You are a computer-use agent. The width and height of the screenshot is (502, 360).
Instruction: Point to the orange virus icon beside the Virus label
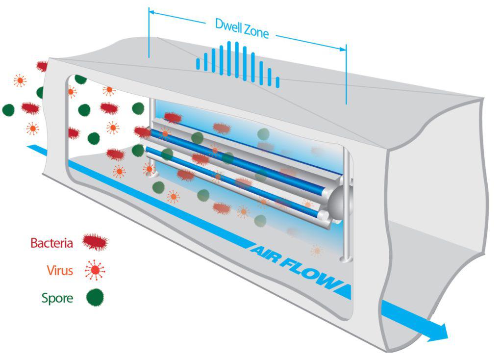pos(95,270)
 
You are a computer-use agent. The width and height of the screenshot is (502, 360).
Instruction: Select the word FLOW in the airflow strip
pos(314,272)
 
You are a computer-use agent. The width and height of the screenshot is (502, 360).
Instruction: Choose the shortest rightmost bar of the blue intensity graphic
pos(277,82)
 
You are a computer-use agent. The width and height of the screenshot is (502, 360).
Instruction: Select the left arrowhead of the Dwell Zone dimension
pos(152,11)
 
